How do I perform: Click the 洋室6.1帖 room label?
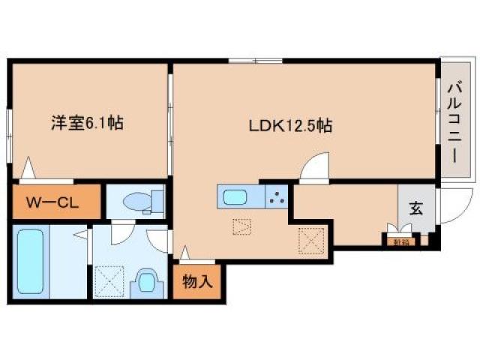click(87, 123)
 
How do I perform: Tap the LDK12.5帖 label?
click(291, 126)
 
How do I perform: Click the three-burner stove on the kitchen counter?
click(275, 198)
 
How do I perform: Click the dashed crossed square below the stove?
click(309, 239)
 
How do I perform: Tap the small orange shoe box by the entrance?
click(394, 241)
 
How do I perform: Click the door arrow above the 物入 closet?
click(184, 253)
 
